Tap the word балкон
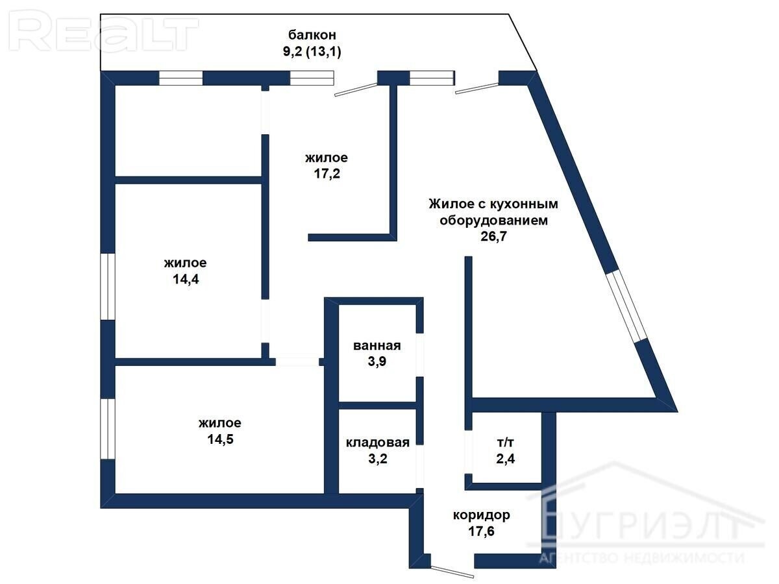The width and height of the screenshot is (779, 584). click(312, 35)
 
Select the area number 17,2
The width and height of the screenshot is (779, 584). click(327, 174)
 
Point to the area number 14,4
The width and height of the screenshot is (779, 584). click(186, 279)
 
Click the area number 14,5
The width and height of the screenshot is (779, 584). click(220, 439)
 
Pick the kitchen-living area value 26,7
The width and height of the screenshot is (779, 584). click(493, 236)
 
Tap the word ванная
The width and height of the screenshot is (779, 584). click(377, 346)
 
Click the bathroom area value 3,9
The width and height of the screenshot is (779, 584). click(377, 361)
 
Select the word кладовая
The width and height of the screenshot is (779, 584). click(378, 443)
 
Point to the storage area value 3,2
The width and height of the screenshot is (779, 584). click(378, 459)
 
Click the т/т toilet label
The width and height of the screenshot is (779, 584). click(505, 443)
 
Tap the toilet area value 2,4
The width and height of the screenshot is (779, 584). click(505, 459)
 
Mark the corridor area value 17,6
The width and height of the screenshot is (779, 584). click(481, 531)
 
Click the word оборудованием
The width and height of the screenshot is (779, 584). click(493, 221)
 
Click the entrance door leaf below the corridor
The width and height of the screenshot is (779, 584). click(452, 572)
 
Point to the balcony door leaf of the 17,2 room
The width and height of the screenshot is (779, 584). click(356, 90)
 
